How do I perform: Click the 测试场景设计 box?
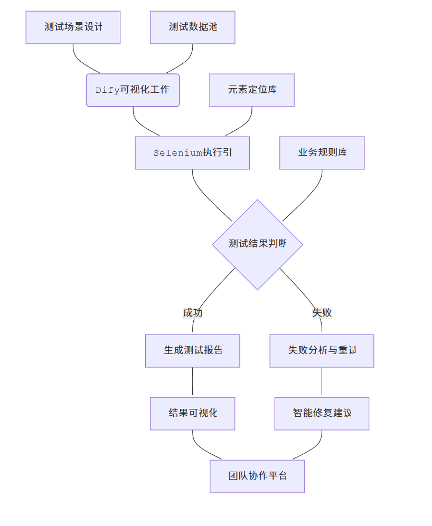73,27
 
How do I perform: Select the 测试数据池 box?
192,27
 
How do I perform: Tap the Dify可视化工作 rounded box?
133,90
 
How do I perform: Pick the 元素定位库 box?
252,90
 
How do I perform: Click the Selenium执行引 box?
192,153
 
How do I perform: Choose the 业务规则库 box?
322,153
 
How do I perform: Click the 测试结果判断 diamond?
257,244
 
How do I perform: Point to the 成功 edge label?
193,313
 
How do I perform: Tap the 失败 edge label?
322,313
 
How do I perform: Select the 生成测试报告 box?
192,351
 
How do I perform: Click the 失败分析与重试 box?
322,351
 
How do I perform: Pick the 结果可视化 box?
192,414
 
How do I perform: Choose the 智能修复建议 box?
322,414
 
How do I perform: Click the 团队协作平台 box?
257,476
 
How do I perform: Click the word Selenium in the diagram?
177,154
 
